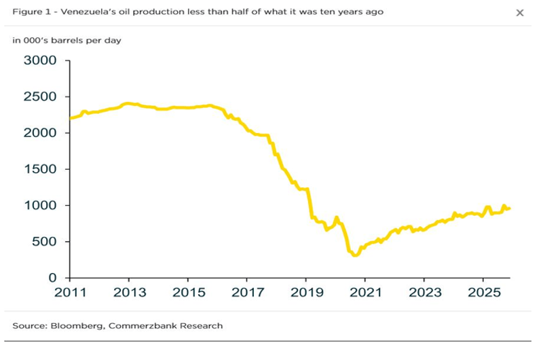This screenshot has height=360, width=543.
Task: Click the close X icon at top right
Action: pyautogui.click(x=520, y=13)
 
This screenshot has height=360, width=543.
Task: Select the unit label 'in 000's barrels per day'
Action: pyautogui.click(x=67, y=40)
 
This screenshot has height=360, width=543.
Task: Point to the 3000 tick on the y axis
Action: pyautogui.click(x=41, y=61)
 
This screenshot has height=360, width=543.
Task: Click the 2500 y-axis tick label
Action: pyautogui.click(x=41, y=97)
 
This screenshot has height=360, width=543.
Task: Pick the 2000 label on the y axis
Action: pyautogui.click(x=41, y=133)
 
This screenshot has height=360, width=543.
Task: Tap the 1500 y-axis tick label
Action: pyautogui.click(x=41, y=169)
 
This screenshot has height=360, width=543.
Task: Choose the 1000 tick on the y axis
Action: pyautogui.click(x=41, y=206)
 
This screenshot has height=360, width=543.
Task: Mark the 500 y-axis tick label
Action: pyautogui.click(x=45, y=242)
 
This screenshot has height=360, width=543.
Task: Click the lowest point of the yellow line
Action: pyautogui.click(x=354, y=255)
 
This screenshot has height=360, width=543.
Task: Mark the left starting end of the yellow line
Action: pyautogui.click(x=70, y=118)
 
